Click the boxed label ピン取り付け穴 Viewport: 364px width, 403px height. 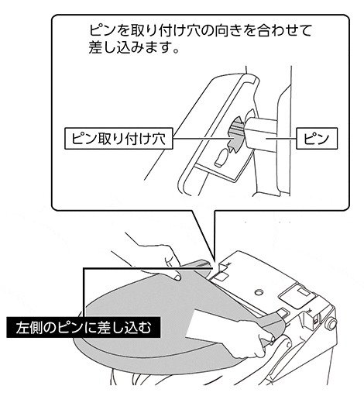[118, 138]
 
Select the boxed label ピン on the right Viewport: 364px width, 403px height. [317, 138]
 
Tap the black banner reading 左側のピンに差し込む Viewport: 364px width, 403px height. [83, 327]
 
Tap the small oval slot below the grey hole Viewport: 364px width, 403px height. [221, 158]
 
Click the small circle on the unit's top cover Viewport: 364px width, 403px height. [258, 292]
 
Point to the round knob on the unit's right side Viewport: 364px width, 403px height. [331, 324]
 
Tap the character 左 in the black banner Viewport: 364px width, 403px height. [22, 327]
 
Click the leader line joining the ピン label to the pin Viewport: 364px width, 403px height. [281, 139]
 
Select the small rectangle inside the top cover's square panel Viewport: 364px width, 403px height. [304, 292]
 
